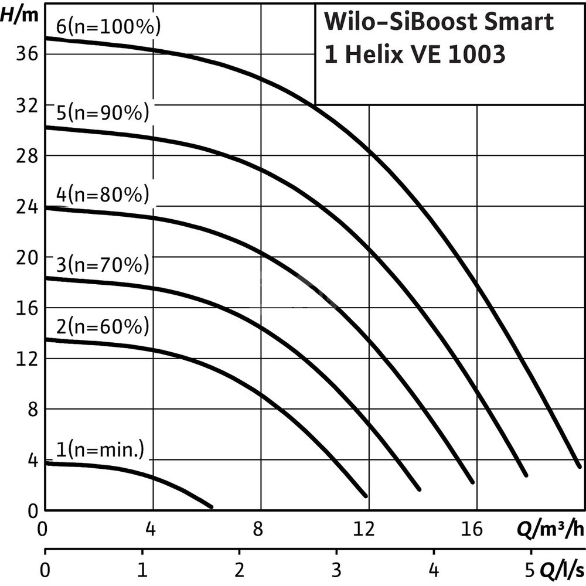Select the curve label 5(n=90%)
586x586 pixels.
(x=103, y=113)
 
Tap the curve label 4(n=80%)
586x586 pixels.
(x=103, y=194)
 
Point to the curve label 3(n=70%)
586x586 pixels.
(x=103, y=265)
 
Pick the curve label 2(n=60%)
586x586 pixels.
(x=103, y=326)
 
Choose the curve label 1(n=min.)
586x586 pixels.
(x=100, y=451)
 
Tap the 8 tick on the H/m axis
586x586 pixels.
(x=33, y=409)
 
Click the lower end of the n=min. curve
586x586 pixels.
(x=211, y=506)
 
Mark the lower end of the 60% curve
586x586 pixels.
(x=366, y=496)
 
